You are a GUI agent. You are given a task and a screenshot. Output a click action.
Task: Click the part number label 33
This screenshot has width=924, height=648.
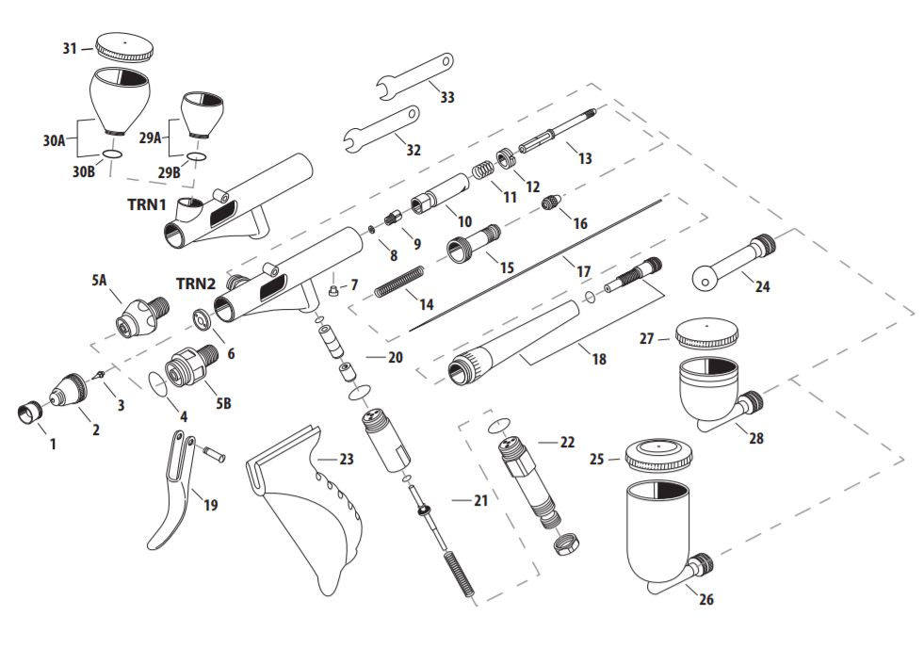[x=446, y=97]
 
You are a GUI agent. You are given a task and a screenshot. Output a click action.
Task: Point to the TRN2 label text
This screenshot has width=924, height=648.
[x=196, y=283]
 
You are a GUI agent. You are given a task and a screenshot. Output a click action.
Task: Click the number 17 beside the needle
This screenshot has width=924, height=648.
[x=584, y=271]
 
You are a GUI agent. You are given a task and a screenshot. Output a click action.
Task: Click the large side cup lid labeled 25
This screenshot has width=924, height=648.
[x=659, y=453]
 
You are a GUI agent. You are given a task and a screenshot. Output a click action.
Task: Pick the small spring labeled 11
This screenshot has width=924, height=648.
[x=481, y=170]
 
